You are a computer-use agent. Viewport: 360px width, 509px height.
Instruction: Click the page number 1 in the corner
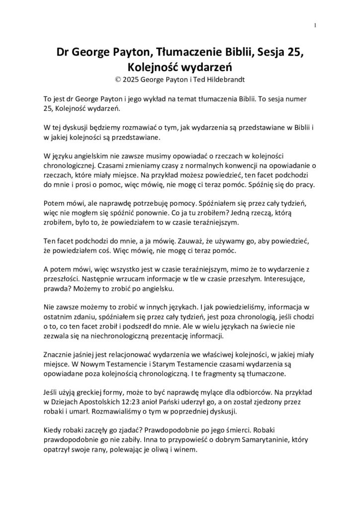tap(315, 25)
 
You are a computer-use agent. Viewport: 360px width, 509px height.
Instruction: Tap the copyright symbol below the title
tap(117, 79)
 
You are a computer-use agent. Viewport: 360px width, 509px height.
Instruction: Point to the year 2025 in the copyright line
tap(132, 79)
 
